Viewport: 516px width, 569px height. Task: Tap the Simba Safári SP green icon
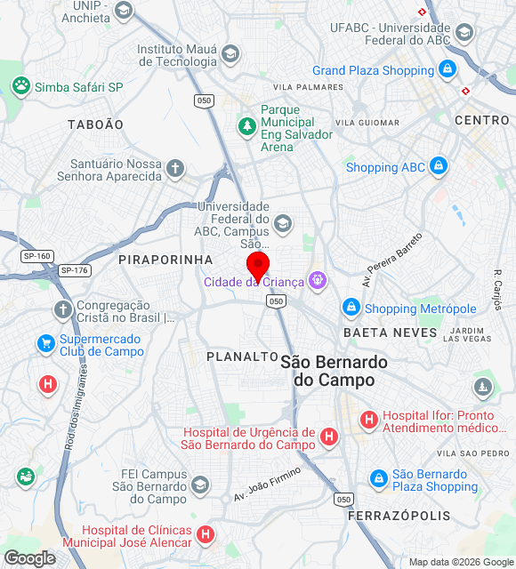pyautogui.click(x=20, y=86)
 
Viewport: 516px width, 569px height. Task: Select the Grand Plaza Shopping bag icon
pyautogui.click(x=447, y=69)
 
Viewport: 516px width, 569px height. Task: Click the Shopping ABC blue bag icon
pyautogui.click(x=438, y=166)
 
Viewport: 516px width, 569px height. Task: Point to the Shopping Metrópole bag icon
pyautogui.click(x=351, y=308)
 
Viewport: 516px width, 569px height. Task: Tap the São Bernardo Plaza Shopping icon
pyautogui.click(x=379, y=479)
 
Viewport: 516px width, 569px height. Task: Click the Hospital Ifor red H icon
pyautogui.click(x=368, y=419)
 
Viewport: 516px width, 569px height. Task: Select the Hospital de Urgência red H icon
pyautogui.click(x=329, y=437)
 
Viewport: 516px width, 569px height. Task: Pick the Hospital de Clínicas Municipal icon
pyautogui.click(x=206, y=535)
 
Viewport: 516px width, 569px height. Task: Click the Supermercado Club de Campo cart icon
pyautogui.click(x=46, y=343)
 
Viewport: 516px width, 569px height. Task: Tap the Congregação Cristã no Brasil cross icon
pyautogui.click(x=62, y=309)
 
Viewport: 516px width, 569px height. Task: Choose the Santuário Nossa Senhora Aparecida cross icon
pyautogui.click(x=175, y=167)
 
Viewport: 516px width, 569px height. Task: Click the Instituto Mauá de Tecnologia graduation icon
pyautogui.click(x=230, y=54)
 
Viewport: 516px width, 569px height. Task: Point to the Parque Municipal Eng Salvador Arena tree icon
pyautogui.click(x=246, y=126)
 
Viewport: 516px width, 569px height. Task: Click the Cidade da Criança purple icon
pyautogui.click(x=318, y=281)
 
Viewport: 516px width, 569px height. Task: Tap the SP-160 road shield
pyautogui.click(x=36, y=256)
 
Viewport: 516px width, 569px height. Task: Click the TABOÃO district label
pyautogui.click(x=95, y=125)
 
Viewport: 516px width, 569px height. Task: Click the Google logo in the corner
pyautogui.click(x=28, y=558)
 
